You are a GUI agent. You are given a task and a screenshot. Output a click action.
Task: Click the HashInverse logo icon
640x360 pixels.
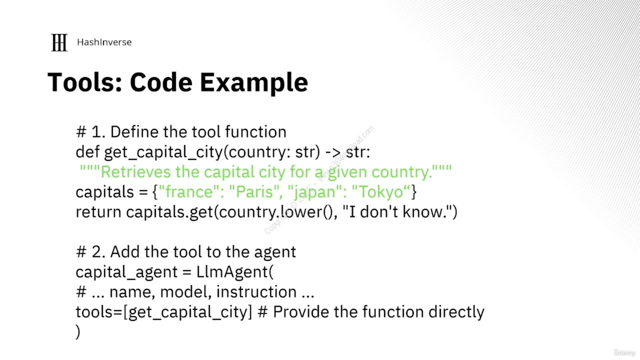[x=59, y=42]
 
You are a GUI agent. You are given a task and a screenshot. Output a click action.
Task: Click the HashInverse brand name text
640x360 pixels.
[x=104, y=42]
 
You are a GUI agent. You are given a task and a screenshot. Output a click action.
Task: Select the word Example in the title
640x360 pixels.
[x=253, y=83]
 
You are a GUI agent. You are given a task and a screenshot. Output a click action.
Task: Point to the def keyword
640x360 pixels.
[x=87, y=151]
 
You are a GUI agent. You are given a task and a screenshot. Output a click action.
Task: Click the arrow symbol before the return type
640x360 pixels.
[x=333, y=152]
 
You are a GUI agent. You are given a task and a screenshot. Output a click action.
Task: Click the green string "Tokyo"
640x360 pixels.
[x=381, y=191]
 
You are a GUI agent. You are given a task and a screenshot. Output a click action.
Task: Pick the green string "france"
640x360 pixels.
[x=189, y=191]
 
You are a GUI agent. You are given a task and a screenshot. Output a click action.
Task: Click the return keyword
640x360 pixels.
[x=98, y=212]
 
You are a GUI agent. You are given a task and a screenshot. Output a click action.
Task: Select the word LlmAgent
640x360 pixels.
[x=232, y=271]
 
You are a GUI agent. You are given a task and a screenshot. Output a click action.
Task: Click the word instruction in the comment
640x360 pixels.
[x=256, y=291]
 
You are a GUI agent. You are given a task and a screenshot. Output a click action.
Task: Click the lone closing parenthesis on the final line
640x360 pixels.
[x=77, y=331]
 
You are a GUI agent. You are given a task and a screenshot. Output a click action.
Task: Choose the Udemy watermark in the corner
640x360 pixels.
[x=624, y=352]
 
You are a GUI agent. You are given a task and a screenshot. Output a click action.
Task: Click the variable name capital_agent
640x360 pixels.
[x=126, y=272]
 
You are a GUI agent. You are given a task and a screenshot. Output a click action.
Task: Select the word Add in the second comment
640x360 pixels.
[x=124, y=252]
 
